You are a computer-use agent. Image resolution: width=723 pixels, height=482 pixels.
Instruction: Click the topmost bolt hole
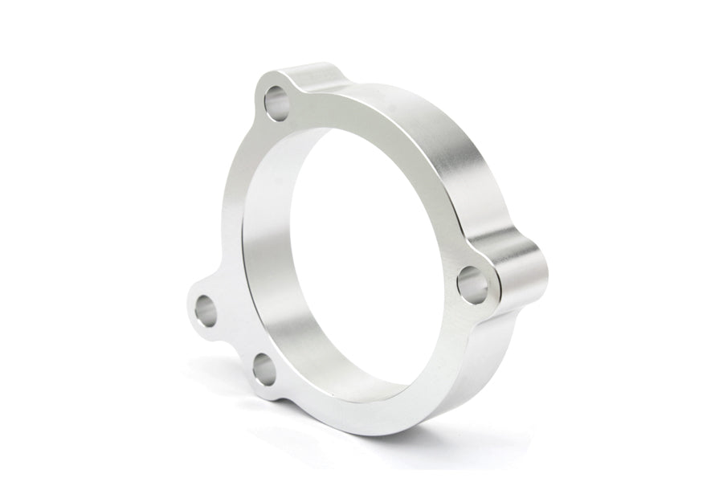[x=277, y=104]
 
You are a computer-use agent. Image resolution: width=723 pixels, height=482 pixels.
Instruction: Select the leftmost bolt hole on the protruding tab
[x=206, y=308]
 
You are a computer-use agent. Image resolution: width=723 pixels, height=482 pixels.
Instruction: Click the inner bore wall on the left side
[x=261, y=241]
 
